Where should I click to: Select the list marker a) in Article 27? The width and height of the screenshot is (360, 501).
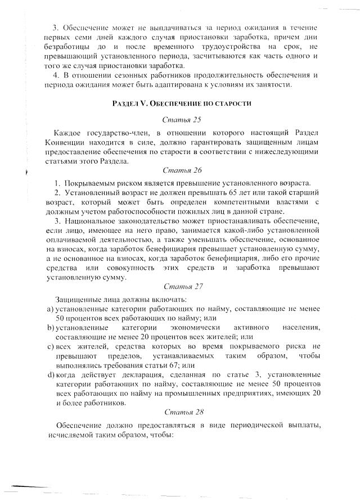point(49,309)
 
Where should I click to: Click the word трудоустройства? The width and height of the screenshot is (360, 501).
point(199,47)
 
